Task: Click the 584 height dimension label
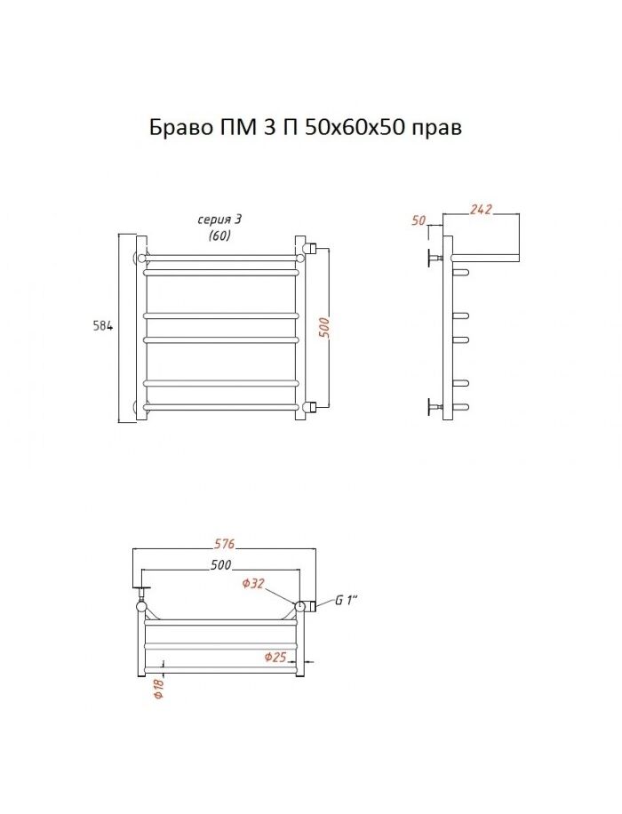pos(103,326)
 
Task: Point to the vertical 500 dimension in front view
pos(324,328)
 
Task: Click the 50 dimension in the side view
pos(419,220)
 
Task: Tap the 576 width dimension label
pos(225,544)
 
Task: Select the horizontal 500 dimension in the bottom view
pos(220,565)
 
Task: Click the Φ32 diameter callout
pos(254,584)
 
